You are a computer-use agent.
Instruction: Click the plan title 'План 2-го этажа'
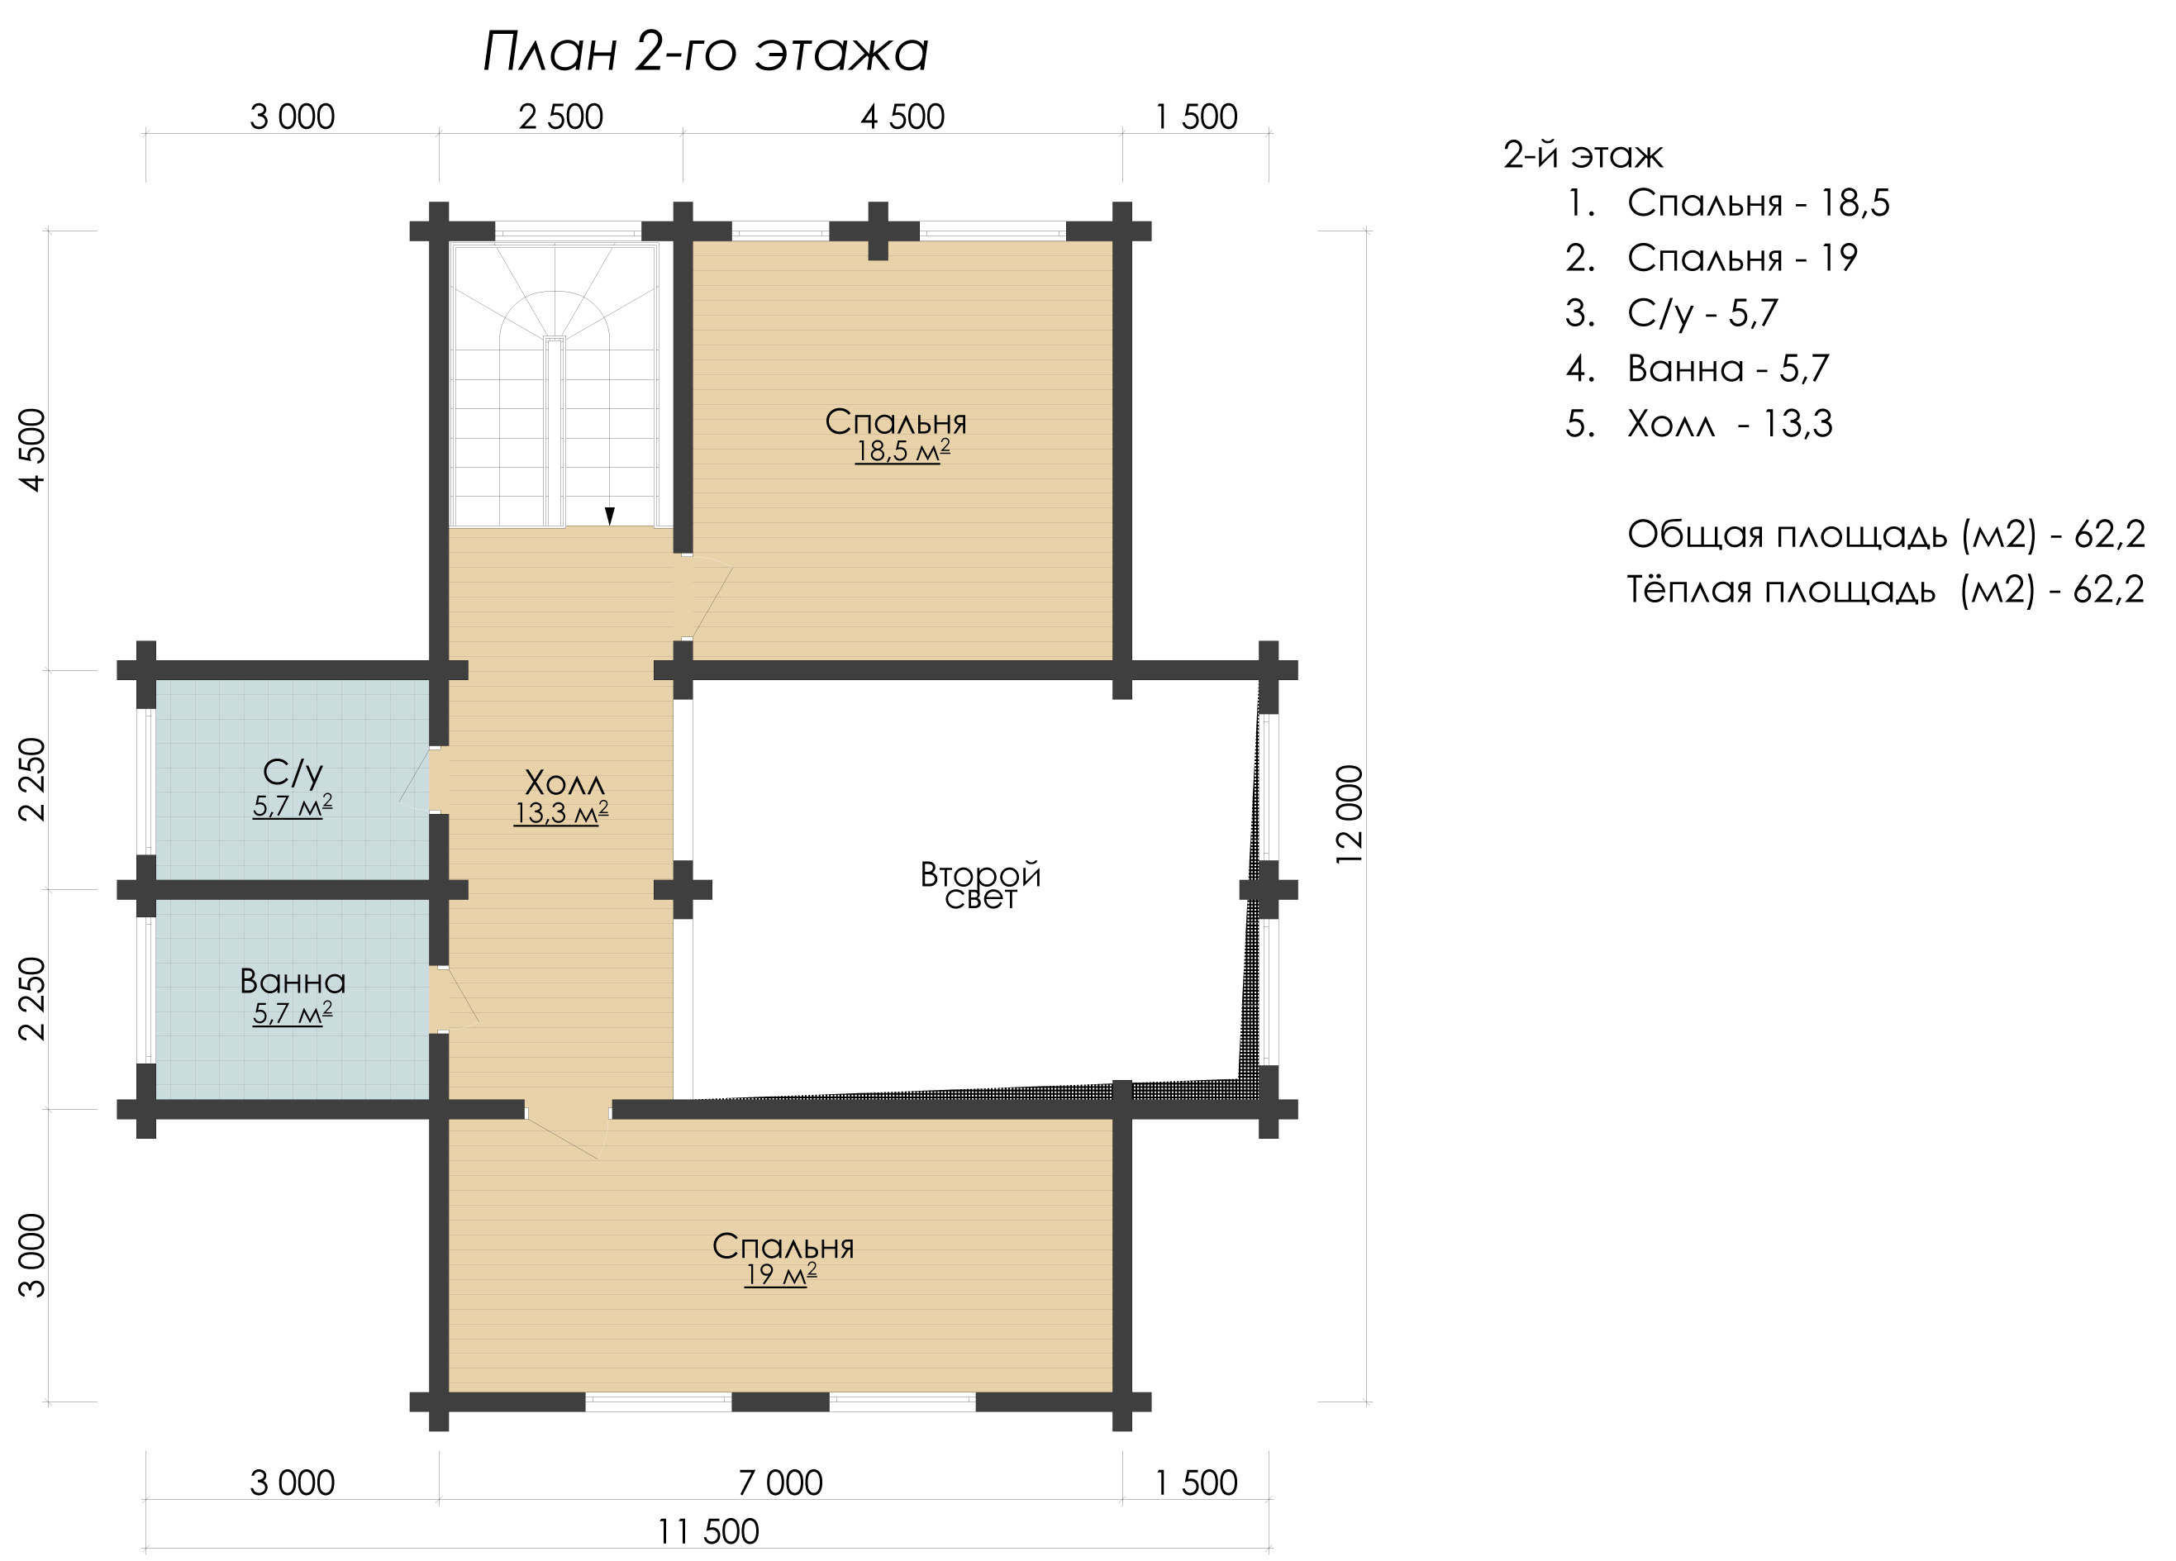[x=705, y=52]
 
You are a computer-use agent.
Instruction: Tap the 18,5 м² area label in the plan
[x=902, y=451]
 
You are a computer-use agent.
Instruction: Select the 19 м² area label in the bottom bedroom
[x=781, y=1274]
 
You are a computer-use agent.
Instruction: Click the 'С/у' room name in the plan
[x=293, y=773]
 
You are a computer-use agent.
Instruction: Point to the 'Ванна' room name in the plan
[x=293, y=981]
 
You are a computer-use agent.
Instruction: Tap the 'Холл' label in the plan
[x=565, y=782]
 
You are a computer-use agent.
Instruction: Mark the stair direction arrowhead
[x=609, y=516]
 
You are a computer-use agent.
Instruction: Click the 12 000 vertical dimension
[x=1349, y=815]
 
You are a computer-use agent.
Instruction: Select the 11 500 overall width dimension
[x=708, y=1531]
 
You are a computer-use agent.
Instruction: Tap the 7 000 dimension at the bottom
[x=781, y=1482]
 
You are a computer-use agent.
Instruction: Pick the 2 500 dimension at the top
[x=561, y=117]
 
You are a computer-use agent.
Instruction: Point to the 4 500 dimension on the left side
[x=32, y=450]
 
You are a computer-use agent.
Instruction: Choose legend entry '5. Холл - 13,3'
[x=1698, y=423]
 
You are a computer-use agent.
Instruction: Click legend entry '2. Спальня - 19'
[x=1712, y=258]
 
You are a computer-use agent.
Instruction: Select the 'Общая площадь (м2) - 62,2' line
[x=1886, y=535]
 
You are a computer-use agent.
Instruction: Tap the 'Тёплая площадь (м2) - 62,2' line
[x=1886, y=589]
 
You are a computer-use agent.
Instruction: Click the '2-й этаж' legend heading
[x=1583, y=155]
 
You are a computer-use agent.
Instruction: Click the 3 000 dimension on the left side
[x=32, y=1255]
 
